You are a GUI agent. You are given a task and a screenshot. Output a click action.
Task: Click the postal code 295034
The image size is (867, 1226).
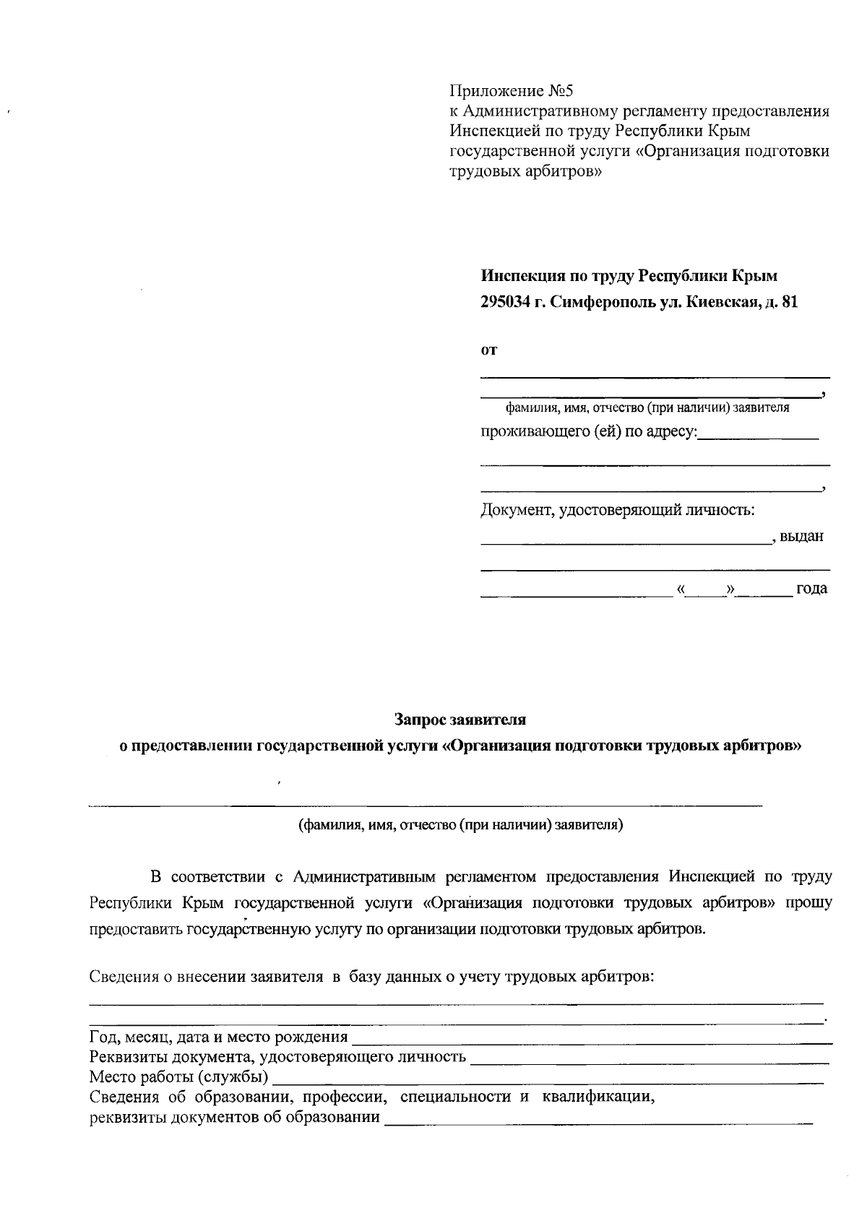(505, 303)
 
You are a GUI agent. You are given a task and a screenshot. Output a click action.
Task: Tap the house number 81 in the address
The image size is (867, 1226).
(790, 303)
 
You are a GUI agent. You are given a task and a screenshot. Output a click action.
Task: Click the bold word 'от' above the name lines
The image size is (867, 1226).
(489, 351)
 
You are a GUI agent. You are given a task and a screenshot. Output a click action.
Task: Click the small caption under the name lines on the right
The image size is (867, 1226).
(647, 408)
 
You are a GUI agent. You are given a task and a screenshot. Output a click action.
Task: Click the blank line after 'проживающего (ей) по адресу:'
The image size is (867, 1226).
(759, 436)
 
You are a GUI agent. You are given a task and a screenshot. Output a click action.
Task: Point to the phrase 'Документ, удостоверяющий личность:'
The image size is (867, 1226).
(618, 511)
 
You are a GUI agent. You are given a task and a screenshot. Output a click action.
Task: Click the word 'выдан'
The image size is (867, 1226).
(802, 537)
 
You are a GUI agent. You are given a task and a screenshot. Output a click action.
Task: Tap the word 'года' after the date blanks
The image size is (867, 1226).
(811, 589)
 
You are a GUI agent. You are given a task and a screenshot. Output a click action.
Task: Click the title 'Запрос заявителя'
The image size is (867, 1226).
(460, 720)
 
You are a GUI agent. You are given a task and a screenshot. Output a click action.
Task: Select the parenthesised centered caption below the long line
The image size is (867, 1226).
(461, 824)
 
